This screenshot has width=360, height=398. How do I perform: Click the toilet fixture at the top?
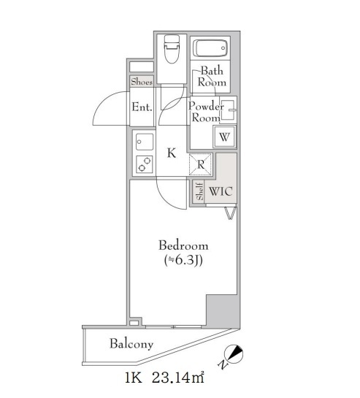coord(172,49)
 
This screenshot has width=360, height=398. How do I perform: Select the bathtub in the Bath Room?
coord(210,48)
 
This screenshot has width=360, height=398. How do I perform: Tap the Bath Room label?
coord(212,77)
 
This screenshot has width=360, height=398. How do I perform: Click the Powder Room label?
coord(206,112)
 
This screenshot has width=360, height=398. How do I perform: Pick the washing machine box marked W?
coord(224,137)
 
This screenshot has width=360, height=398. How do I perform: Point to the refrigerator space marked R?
coord(201,164)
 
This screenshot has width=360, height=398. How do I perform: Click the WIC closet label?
coord(221,191)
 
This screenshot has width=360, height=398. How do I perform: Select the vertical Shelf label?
coord(200,191)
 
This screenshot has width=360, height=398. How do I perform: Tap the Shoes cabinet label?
coord(142,82)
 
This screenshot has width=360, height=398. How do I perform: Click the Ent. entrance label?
coord(142,107)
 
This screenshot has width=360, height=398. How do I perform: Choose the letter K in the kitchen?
coord(172,153)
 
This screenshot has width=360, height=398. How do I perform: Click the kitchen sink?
coord(145,142)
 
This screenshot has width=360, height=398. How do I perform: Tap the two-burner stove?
coord(145,164)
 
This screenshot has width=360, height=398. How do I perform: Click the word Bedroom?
coord(183,245)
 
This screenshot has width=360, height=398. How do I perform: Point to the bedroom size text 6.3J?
coord(183,261)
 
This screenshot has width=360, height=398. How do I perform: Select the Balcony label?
coord(131,344)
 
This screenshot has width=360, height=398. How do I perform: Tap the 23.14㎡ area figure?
coord(177,378)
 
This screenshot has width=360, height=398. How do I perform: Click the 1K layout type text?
coord(133,378)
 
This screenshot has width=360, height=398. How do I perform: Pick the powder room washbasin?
coord(228,110)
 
